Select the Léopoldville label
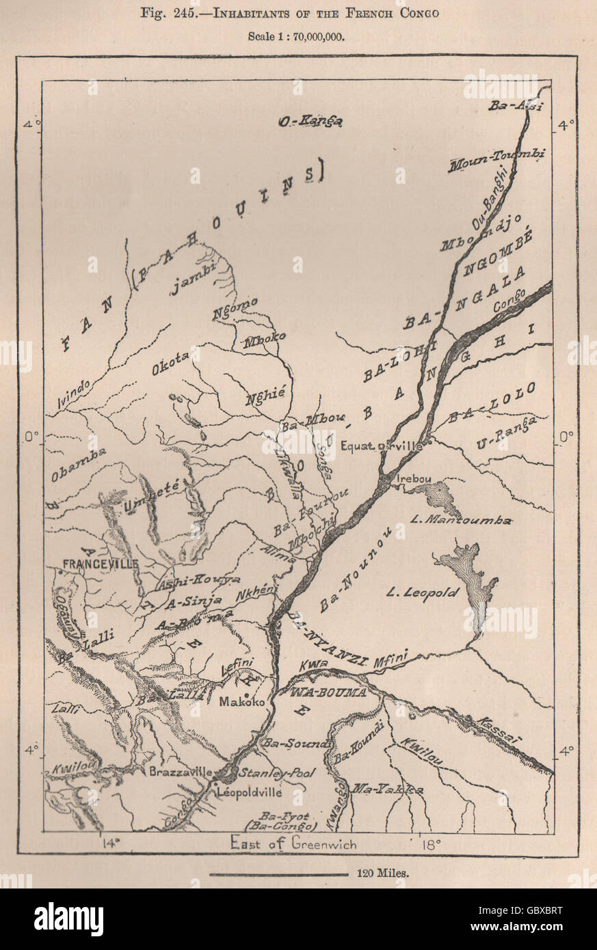249,793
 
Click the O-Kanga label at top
310,122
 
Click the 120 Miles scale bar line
279,874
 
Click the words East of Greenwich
293,843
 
